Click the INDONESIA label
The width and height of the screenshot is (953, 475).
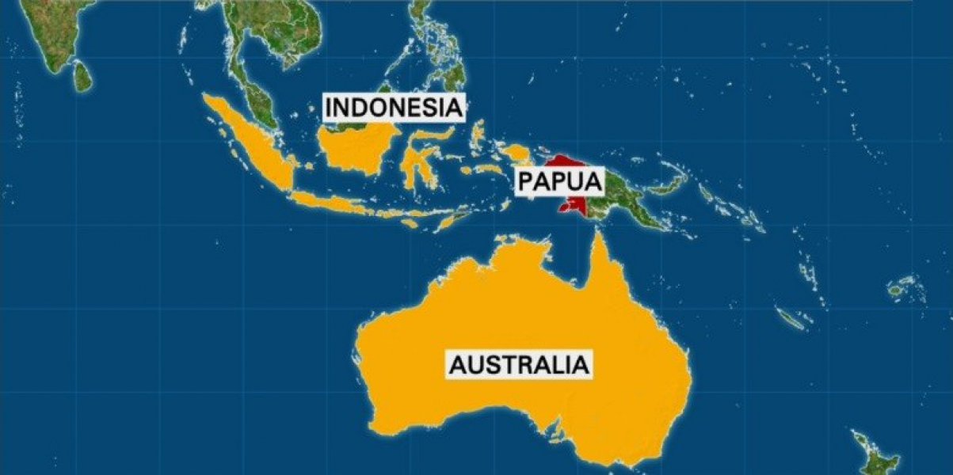coord(393,107)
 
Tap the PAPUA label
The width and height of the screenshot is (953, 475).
coord(559,181)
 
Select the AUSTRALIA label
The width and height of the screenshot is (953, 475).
coord(520,365)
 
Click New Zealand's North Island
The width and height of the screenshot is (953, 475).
coord(879,451)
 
